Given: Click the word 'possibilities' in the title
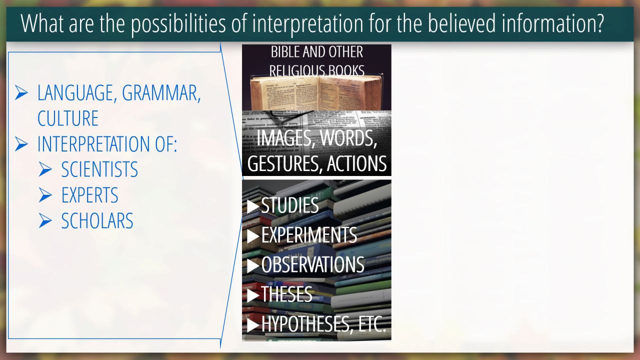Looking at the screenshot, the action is tap(178, 23).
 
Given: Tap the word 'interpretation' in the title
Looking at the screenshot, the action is tap(307, 23).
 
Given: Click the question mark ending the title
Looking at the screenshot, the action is tap(599, 23).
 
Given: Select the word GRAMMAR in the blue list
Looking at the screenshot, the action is tap(161, 93).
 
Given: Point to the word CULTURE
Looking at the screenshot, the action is tap(68, 118).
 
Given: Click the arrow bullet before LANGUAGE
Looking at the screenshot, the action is tap(21, 92).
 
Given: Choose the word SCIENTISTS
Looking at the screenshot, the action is tap(99, 169).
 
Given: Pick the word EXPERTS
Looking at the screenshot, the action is tap(89, 195).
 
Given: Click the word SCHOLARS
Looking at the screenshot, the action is tap(97, 220).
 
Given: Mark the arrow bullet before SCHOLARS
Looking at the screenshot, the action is tap(45, 220).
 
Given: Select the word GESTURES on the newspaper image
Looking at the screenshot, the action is tap(285, 163).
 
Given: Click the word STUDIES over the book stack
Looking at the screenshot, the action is tap(289, 205).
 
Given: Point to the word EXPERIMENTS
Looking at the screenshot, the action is tap(309, 235).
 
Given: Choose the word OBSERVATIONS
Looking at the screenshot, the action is tap(312, 264).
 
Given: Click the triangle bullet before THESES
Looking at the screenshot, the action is tap(253, 295).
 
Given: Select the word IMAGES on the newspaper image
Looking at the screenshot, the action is tap(283, 138).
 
